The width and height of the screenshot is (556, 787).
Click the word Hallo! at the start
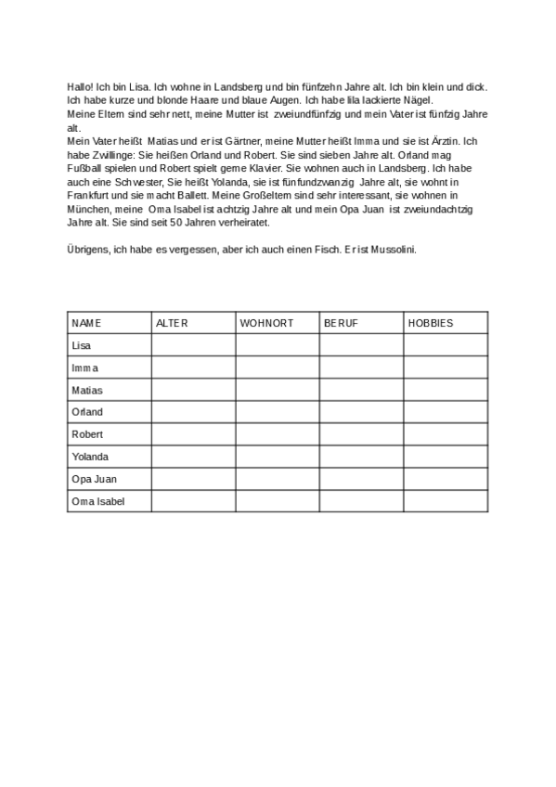pyautogui.click(x=80, y=86)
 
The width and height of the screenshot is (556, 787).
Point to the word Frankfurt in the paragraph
pyautogui.click(x=91, y=197)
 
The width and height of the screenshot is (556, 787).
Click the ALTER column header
pyautogui.click(x=172, y=323)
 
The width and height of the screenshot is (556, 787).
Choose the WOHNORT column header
pyautogui.click(x=266, y=323)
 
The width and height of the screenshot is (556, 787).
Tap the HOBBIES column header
pyautogui.click(x=431, y=323)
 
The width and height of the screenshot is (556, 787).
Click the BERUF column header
pyautogui.click(x=341, y=323)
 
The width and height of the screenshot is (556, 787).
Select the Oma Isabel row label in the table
pyautogui.click(x=97, y=501)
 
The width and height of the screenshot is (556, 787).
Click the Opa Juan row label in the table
pyautogui.click(x=94, y=479)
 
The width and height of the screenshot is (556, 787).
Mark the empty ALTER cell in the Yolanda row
pyautogui.click(x=193, y=457)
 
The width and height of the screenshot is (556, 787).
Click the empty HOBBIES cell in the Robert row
pyautogui.click(x=445, y=434)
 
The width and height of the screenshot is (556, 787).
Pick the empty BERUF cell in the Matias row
pyautogui.click(x=361, y=390)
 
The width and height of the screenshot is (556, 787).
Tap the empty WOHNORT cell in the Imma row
pyautogui.click(x=278, y=368)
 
